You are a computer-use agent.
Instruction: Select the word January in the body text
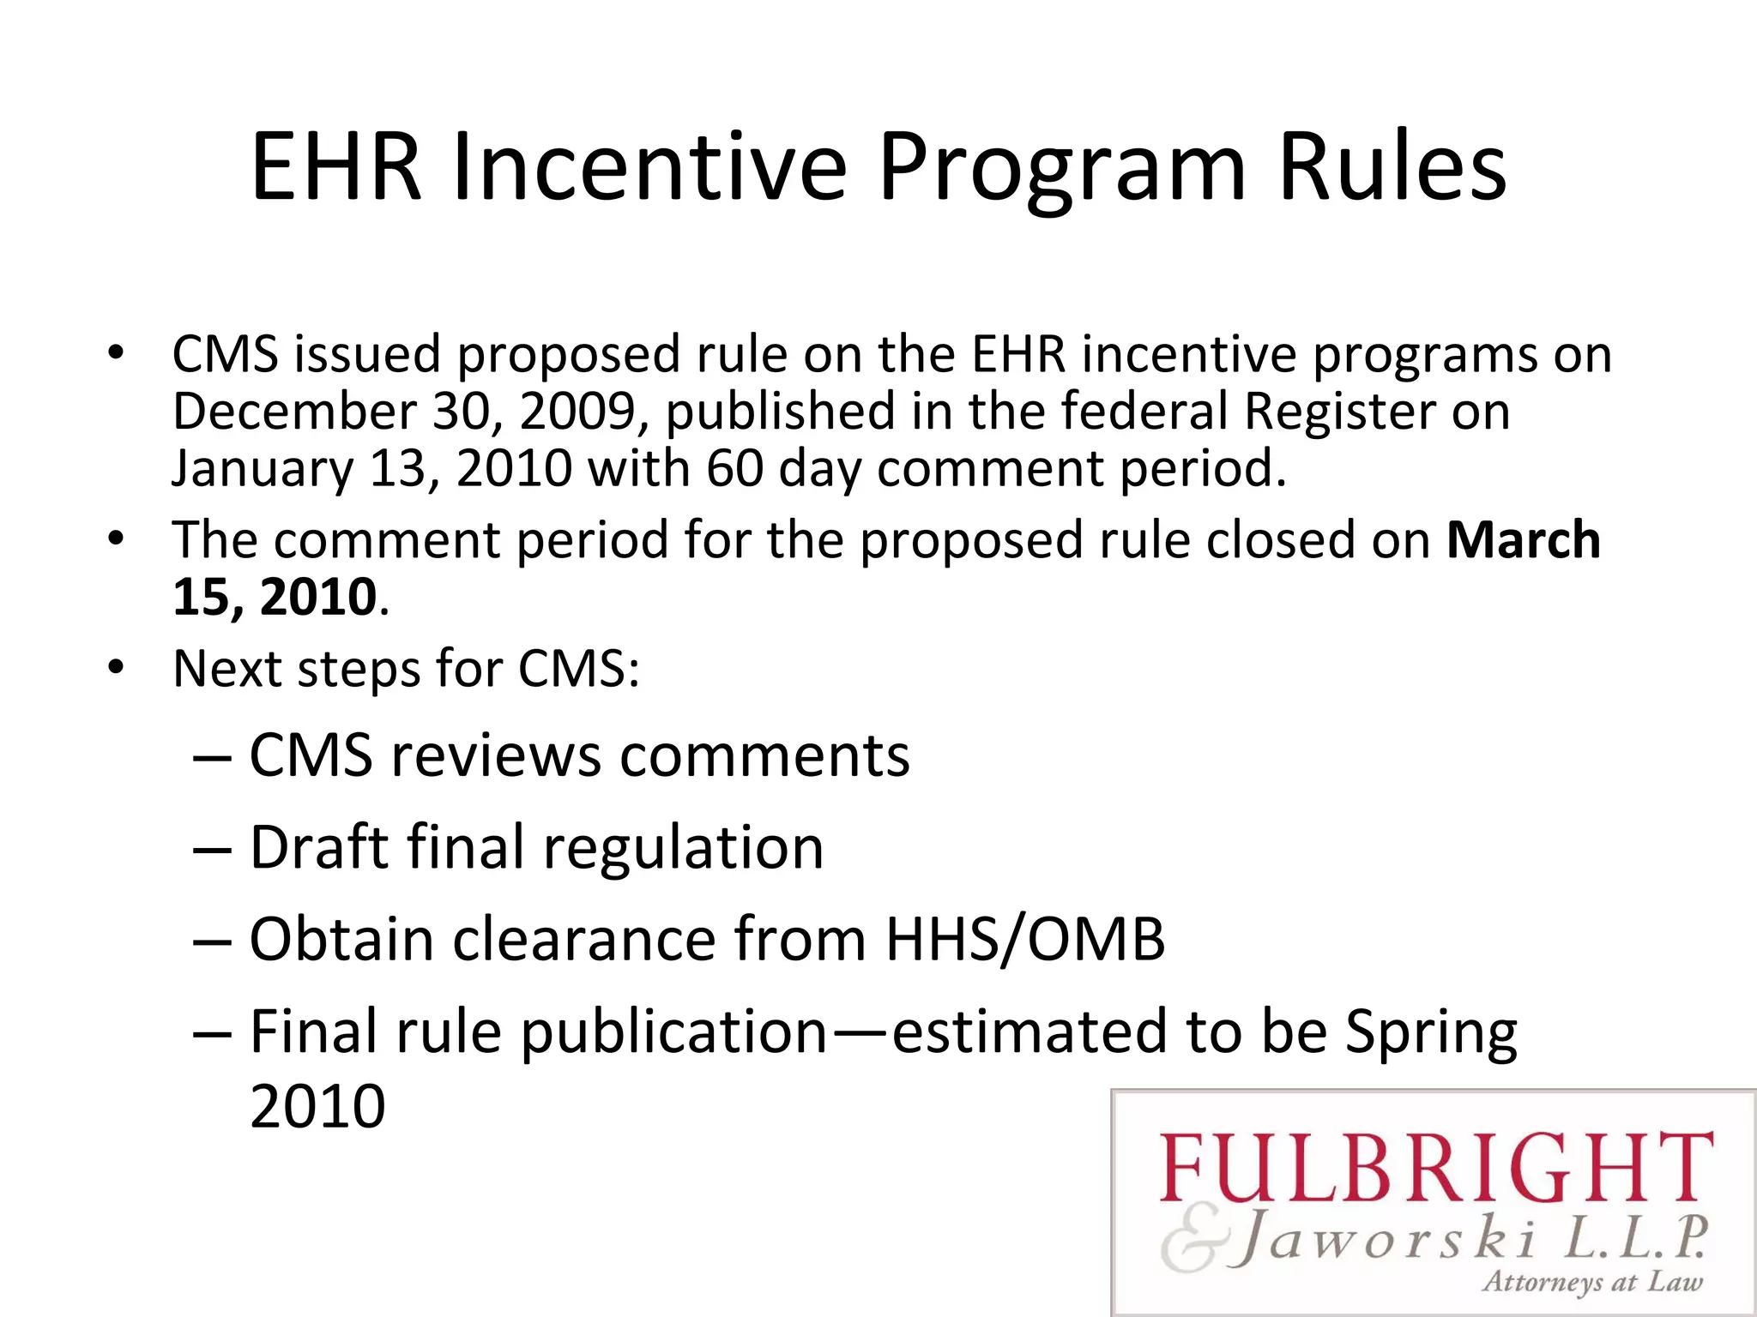(x=263, y=469)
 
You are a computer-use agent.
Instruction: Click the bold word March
(x=1523, y=540)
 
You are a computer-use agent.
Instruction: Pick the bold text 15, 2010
(x=275, y=597)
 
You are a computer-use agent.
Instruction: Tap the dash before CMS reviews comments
(x=211, y=758)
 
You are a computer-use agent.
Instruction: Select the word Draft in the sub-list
(x=319, y=847)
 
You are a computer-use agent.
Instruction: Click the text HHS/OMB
(x=1025, y=939)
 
